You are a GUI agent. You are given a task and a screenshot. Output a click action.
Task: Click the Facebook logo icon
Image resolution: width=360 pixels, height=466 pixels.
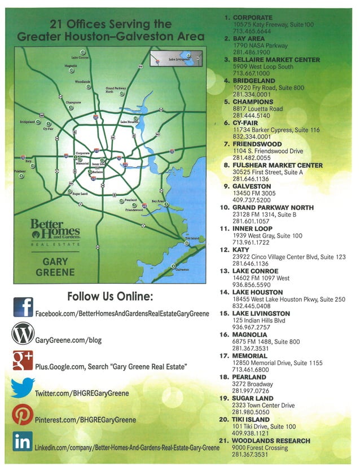pos(23,307)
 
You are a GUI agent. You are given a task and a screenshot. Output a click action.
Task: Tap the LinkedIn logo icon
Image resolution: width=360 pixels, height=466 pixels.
pos(23,441)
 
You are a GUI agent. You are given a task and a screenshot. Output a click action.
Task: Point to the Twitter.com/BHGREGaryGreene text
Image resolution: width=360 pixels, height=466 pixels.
pos(82,393)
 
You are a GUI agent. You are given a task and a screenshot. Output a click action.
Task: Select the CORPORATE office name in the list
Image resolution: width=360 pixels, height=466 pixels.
pos(253,17)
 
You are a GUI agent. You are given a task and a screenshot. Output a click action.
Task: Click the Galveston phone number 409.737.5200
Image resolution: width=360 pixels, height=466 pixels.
pos(252,200)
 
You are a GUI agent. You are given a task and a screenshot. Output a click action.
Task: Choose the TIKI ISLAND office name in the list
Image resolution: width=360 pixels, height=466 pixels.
pos(256,420)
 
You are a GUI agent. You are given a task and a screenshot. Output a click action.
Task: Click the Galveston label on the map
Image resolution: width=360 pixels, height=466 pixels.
pos(182,270)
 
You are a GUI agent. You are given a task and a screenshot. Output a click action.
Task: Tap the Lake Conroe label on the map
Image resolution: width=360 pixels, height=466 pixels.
pos(80,58)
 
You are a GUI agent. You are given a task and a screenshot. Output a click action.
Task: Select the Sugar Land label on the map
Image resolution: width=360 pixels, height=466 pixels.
pos(80,194)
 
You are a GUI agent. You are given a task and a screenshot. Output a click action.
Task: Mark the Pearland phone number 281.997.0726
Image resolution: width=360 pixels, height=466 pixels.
pos(252,391)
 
